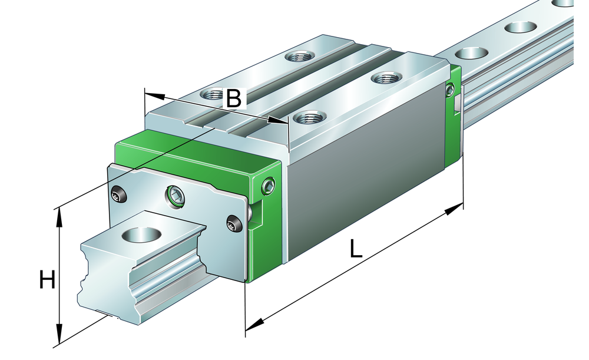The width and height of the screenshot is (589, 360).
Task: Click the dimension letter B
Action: (234, 98)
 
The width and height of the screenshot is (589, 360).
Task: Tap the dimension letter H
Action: (47, 280)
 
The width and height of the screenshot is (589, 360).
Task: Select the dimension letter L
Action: (355, 249)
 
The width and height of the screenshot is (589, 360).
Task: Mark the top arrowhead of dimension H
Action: (58, 219)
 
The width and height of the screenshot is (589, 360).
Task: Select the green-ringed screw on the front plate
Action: (176, 196)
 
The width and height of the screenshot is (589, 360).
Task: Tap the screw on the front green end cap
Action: (269, 186)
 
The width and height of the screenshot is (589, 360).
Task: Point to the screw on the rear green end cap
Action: (449, 90)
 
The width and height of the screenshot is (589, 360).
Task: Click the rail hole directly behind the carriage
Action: (471, 53)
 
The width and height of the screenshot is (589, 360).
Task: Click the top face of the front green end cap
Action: (197, 151)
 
